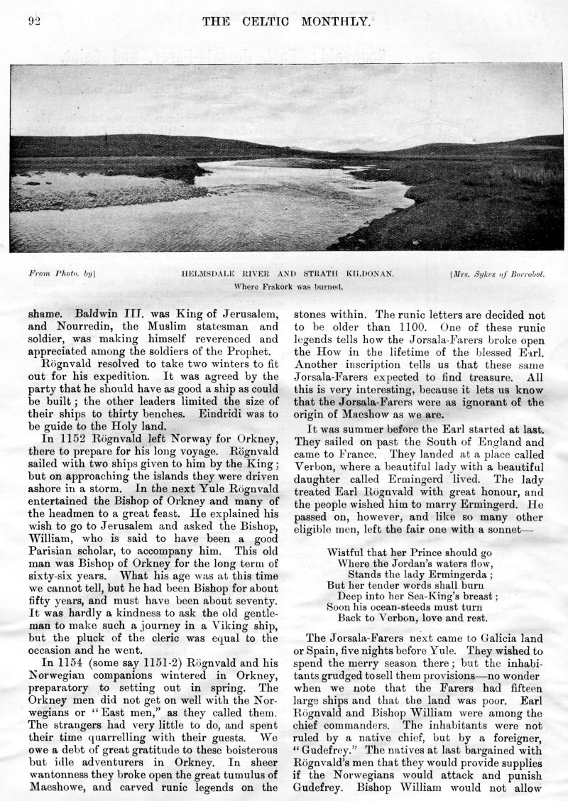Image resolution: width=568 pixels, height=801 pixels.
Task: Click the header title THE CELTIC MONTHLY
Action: click(x=286, y=21)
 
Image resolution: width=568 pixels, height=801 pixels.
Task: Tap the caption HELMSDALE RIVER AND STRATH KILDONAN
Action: click(x=287, y=273)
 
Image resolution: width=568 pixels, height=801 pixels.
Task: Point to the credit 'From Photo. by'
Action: click(x=62, y=273)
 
